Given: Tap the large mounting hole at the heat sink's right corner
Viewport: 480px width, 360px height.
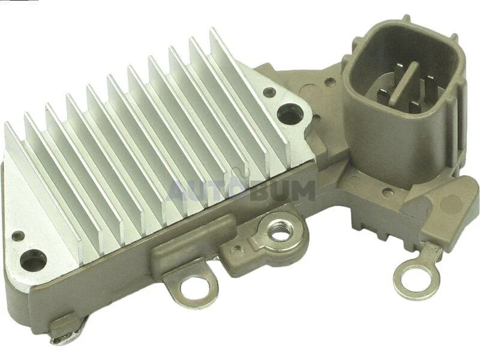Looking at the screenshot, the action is (289, 114).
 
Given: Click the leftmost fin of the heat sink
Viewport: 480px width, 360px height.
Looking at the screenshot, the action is (43, 184).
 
